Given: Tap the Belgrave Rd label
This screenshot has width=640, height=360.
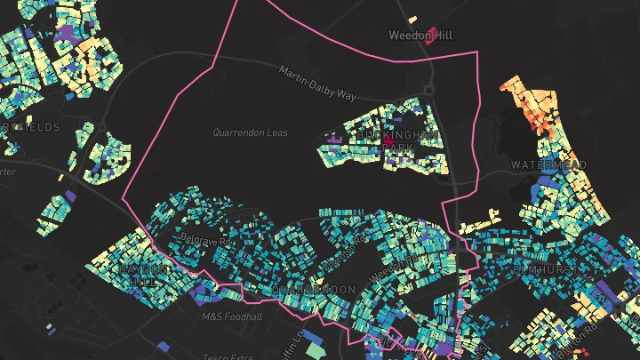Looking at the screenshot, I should pos(205,238).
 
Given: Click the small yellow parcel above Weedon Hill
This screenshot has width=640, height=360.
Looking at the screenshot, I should pos(412,19).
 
